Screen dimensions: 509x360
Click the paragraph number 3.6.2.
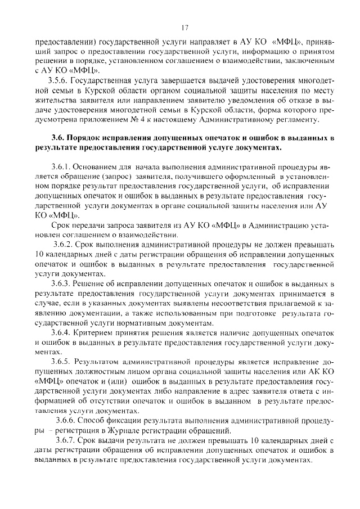64,245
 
